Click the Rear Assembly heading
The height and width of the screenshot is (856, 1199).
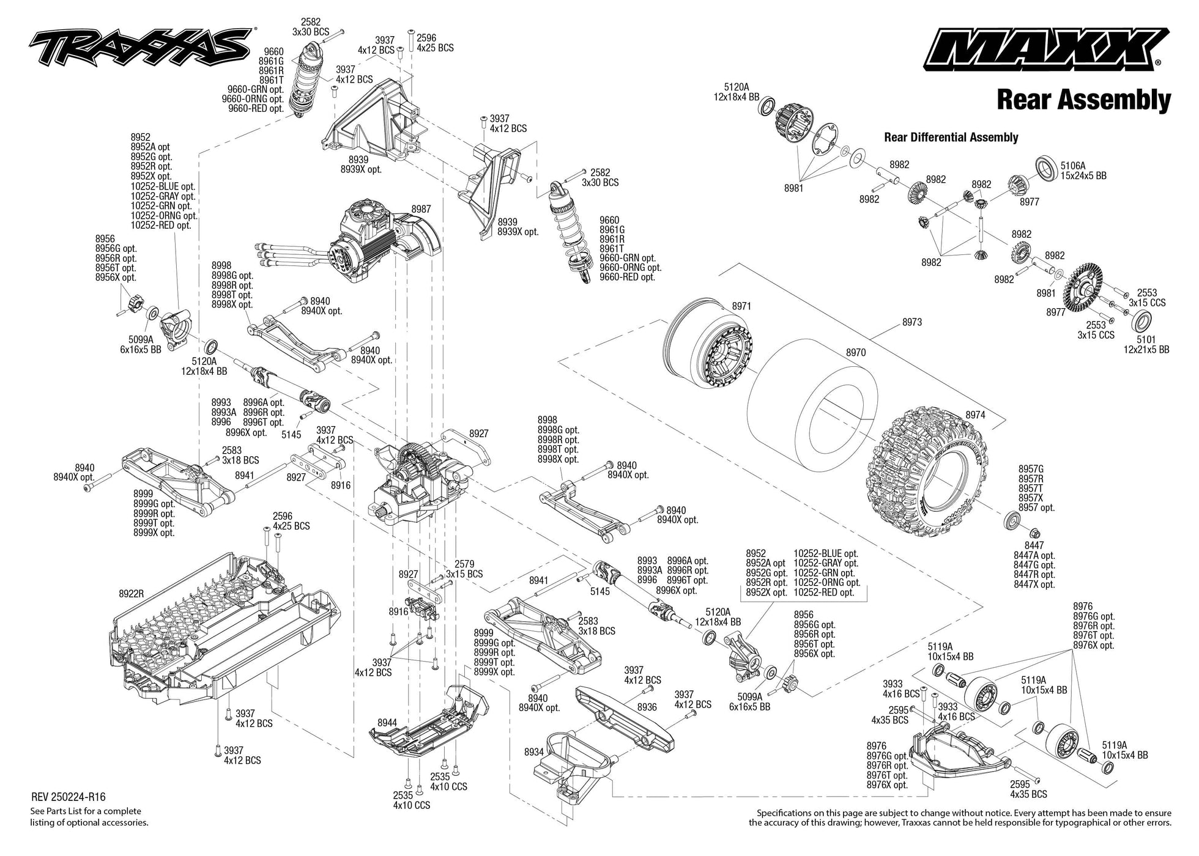pyautogui.click(x=1083, y=100)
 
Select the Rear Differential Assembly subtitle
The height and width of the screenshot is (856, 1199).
pyautogui.click(x=951, y=138)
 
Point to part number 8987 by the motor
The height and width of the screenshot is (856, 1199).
pyautogui.click(x=421, y=209)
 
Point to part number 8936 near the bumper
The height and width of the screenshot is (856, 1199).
pyautogui.click(x=647, y=707)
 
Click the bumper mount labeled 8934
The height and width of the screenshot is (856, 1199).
pyautogui.click(x=575, y=764)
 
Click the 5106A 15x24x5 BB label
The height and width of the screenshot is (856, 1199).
pyautogui.click(x=1083, y=171)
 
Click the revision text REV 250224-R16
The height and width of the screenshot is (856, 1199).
pyautogui.click(x=68, y=797)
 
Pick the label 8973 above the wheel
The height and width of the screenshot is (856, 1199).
pyautogui.click(x=911, y=322)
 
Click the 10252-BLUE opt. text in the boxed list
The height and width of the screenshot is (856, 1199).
pyautogui.click(x=825, y=553)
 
